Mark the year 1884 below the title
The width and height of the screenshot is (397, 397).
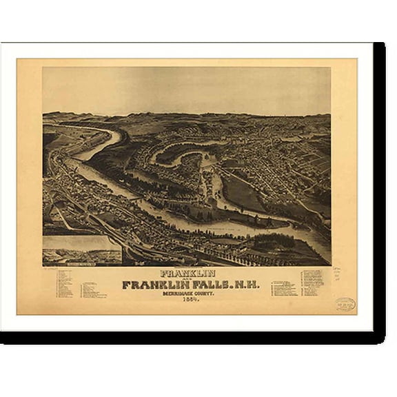[x=191, y=298]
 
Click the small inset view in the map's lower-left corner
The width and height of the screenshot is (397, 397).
[x=82, y=251]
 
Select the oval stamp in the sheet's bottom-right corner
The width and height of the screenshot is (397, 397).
[x=345, y=303]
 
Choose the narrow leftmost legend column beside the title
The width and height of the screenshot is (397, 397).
[x=65, y=283]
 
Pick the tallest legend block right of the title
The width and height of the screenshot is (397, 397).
[x=312, y=282]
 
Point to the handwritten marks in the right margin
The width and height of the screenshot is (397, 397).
[x=338, y=274]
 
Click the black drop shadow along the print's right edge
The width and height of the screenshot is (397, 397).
[x=379, y=193]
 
